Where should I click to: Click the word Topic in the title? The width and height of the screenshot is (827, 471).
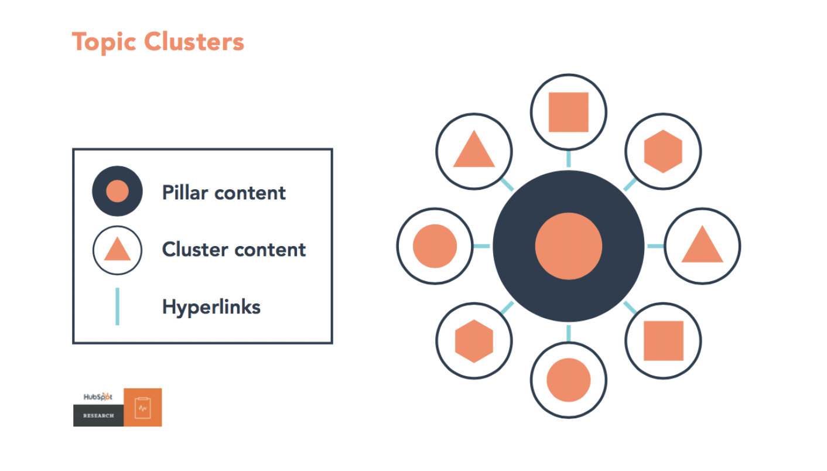[x=104, y=42]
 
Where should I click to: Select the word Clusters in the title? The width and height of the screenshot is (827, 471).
[x=194, y=41]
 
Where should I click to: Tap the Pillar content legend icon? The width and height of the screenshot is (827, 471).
[x=117, y=191]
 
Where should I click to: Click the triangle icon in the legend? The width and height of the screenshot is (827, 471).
[x=117, y=250]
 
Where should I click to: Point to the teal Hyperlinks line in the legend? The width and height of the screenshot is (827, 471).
[x=117, y=306]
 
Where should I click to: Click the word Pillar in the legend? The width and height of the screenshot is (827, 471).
[x=185, y=193]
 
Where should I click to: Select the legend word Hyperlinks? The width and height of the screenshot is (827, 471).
[x=211, y=307]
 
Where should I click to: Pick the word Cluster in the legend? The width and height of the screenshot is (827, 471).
[x=195, y=250]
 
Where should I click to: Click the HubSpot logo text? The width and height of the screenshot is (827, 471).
[x=98, y=397]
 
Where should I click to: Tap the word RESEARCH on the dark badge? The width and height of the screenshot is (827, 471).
[x=98, y=415]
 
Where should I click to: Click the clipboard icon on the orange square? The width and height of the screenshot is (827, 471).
[x=143, y=408]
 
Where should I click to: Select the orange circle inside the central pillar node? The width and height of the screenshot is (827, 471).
[x=569, y=246]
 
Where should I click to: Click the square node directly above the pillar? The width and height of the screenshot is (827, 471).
[x=569, y=112]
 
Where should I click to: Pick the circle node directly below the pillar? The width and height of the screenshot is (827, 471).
[x=569, y=380]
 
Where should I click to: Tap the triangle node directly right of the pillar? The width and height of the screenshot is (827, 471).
[x=702, y=246]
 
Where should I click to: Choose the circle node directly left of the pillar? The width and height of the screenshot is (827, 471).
[x=435, y=246]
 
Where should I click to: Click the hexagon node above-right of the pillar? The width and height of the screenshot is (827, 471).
[x=663, y=152]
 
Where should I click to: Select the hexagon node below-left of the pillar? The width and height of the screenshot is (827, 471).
[x=474, y=341]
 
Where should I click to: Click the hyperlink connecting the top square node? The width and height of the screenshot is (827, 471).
[x=569, y=159]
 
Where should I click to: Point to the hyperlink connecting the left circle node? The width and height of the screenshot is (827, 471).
[x=481, y=246]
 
